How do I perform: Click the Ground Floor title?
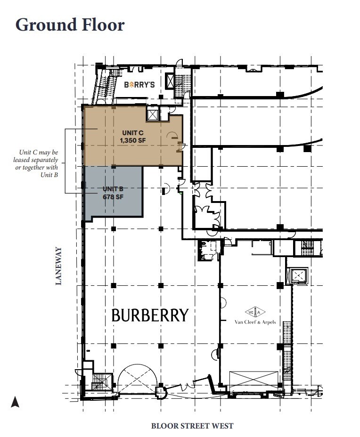[70, 24]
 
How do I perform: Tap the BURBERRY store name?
[150, 315]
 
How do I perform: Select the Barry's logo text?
[139, 85]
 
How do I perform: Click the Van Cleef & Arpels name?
[255, 323]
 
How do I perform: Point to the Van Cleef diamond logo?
[255, 312]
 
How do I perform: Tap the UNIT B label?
[113, 189]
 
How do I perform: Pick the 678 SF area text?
[113, 197]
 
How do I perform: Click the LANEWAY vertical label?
[58, 266]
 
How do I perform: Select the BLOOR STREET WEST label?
[192, 426]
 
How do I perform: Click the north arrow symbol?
[15, 402]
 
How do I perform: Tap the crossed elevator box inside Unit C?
[153, 113]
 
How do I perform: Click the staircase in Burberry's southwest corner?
[99, 380]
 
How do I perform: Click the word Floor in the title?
[103, 24]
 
